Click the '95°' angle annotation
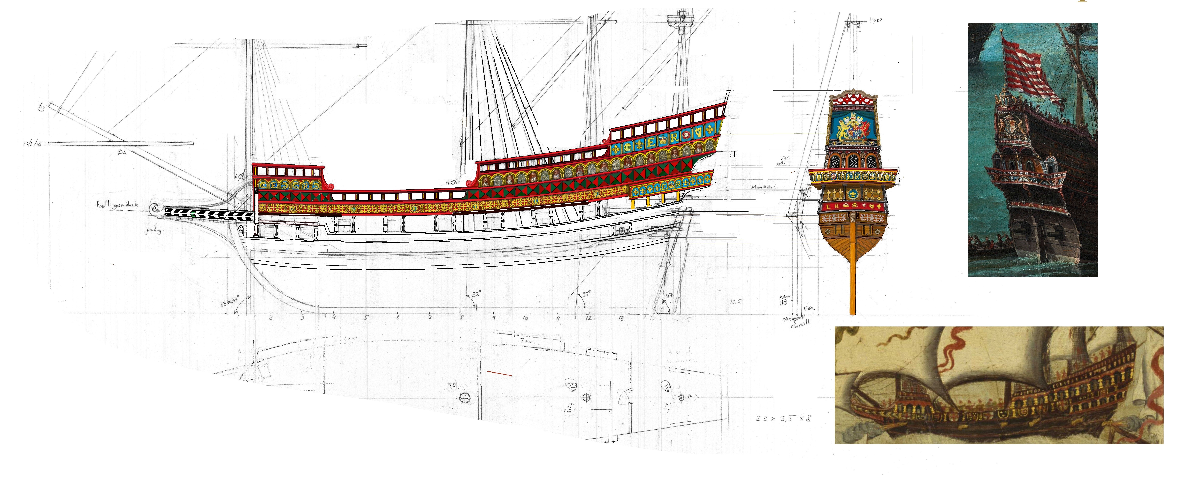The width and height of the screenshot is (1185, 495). (586, 293)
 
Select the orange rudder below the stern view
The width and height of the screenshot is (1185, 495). (852, 276)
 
